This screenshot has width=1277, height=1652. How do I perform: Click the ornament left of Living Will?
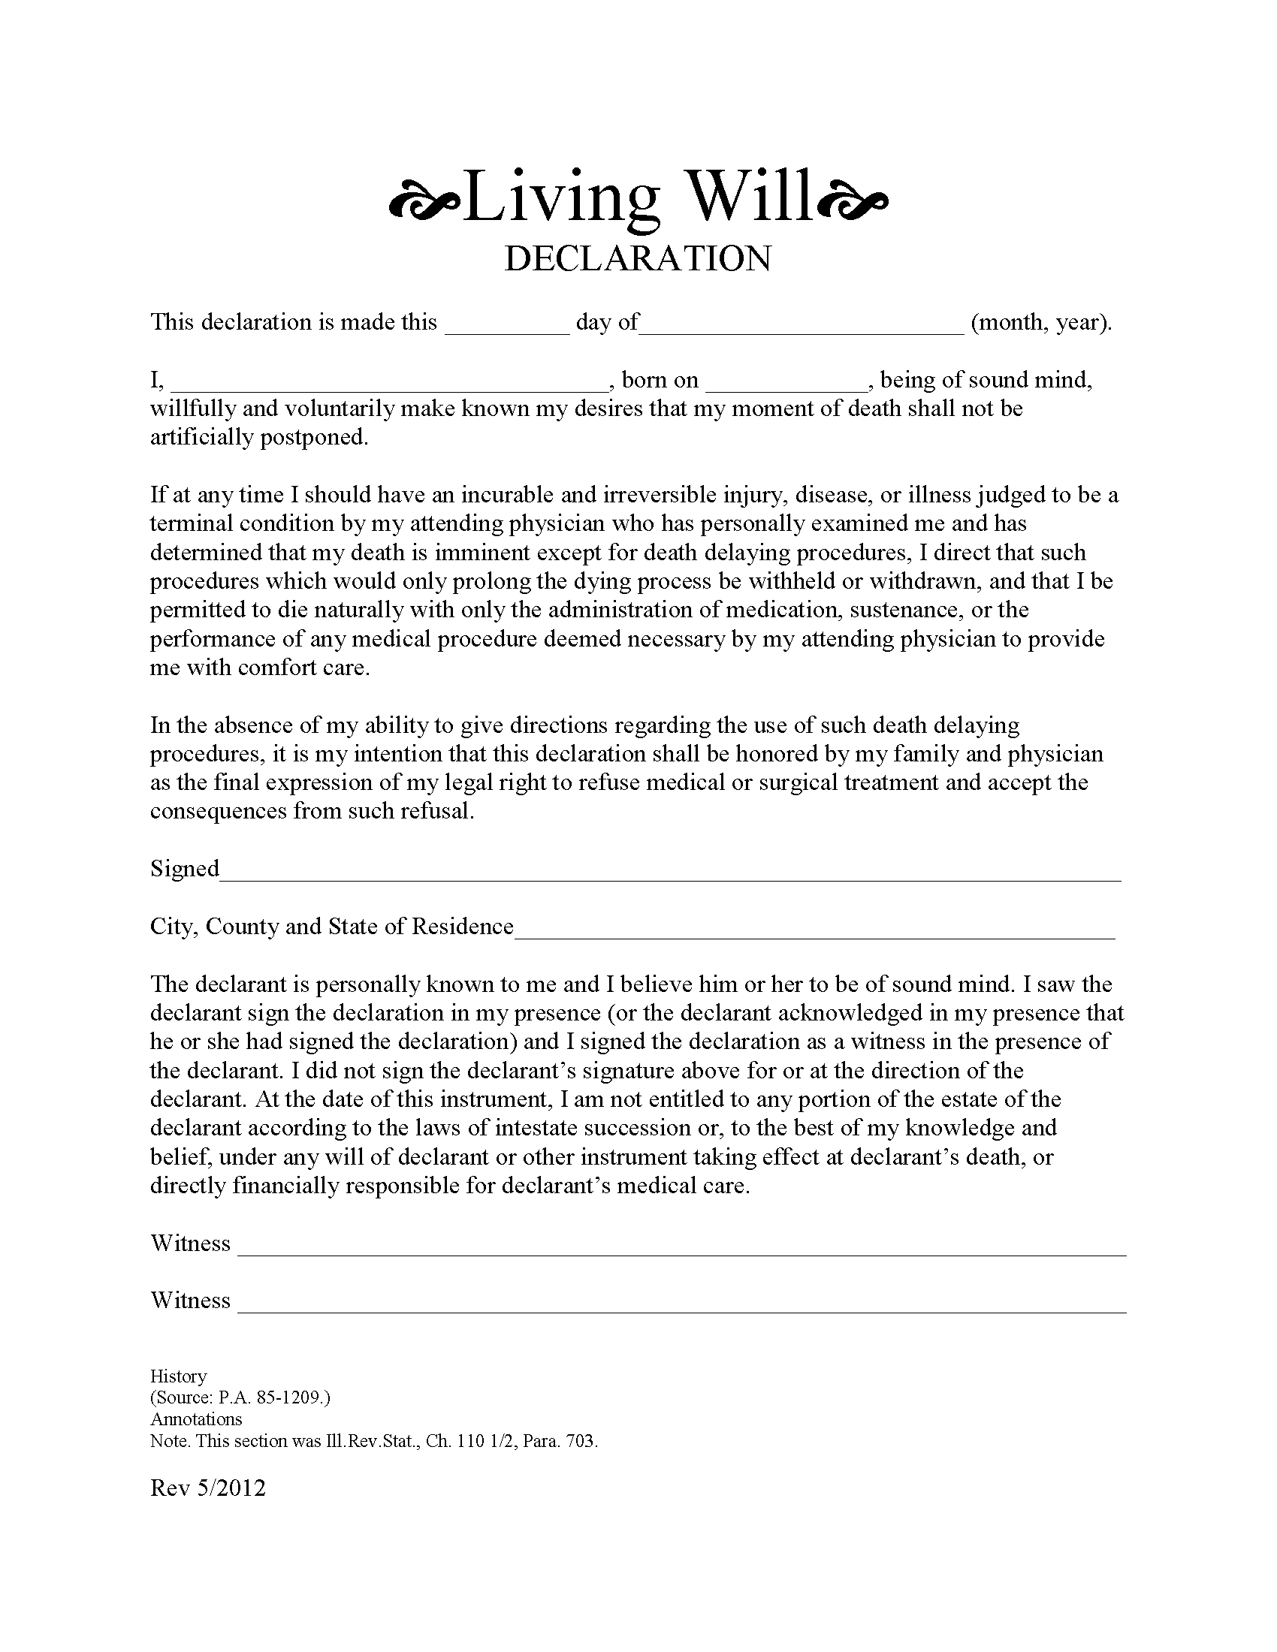pos(424,202)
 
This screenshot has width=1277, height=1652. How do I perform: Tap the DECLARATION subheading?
pos(638,259)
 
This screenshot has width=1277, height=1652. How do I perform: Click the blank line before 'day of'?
pos(507,330)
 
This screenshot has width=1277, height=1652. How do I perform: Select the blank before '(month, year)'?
pos(802,330)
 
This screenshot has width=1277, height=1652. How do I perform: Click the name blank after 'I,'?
pos(389,387)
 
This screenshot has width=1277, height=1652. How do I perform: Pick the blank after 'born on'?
pos(786,387)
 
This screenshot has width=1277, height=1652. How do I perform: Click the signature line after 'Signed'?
pos(669,877)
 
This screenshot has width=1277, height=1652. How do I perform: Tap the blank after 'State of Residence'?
pos(814,935)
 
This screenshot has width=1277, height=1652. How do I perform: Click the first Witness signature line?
pos(681,1252)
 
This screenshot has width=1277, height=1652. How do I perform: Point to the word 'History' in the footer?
pos(179,1376)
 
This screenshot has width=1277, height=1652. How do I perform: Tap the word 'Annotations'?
pos(196,1419)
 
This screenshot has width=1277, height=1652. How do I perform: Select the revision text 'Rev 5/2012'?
pos(208,1488)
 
